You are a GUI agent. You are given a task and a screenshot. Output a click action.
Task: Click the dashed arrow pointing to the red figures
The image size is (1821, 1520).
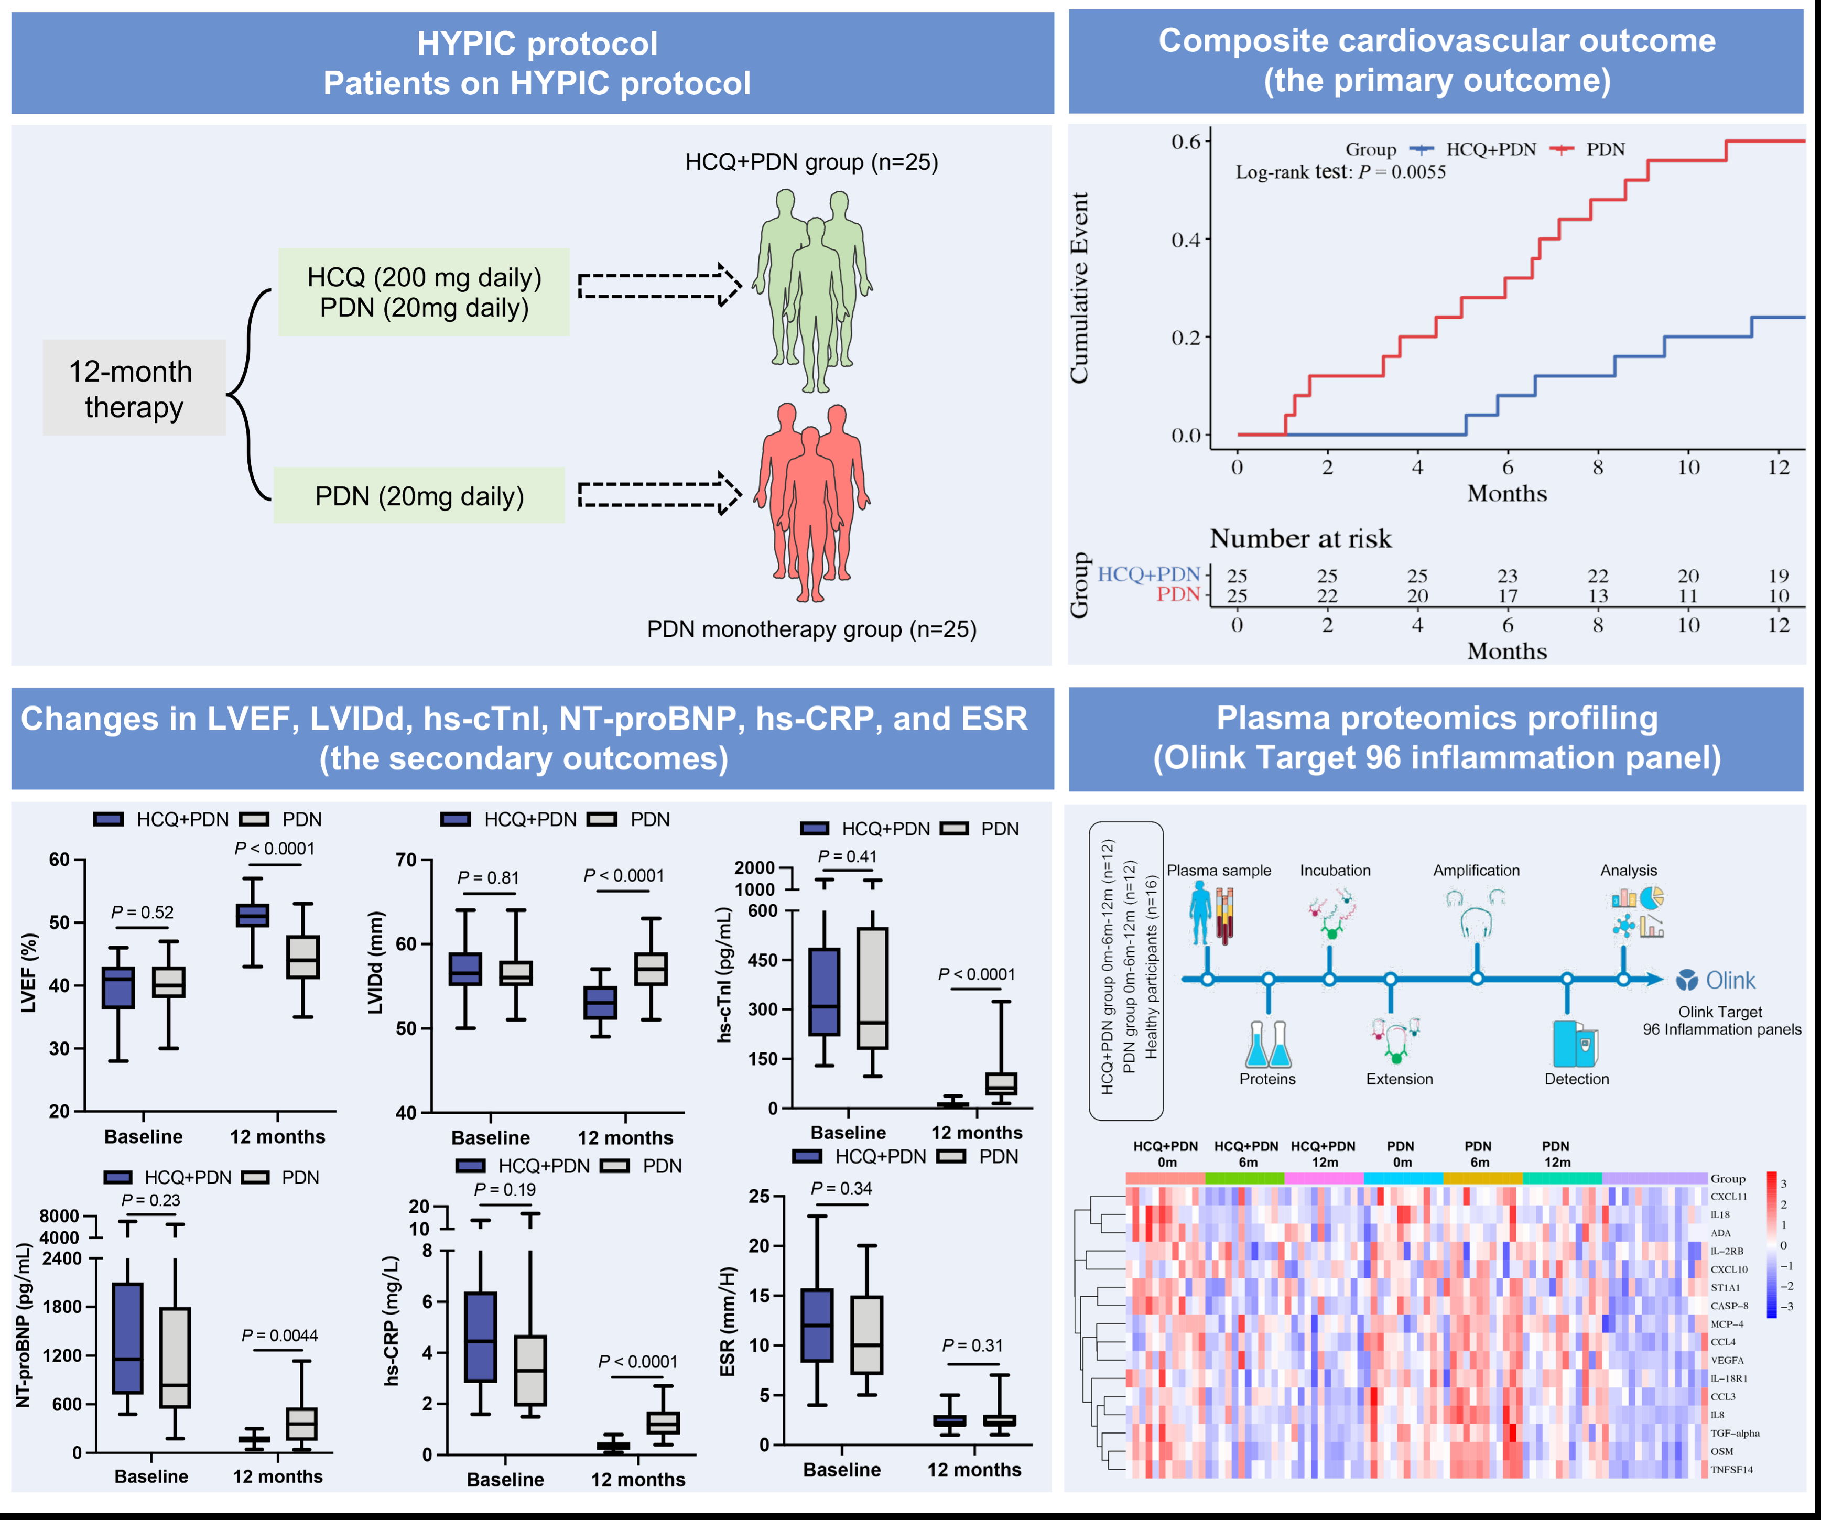pos(659,493)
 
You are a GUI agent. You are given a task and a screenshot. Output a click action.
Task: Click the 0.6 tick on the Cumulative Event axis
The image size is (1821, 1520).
pos(1185,142)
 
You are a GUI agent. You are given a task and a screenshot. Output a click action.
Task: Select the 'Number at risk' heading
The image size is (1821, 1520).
pos(1300,538)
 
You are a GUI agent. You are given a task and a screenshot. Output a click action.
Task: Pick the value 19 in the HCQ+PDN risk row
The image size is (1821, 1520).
pos(1779,576)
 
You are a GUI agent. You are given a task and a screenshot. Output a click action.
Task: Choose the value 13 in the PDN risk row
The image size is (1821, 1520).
pos(1597,596)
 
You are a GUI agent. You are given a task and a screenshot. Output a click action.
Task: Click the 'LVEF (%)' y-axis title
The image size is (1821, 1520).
pos(29,973)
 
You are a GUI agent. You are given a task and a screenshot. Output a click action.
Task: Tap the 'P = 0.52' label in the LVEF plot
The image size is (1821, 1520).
pos(142,912)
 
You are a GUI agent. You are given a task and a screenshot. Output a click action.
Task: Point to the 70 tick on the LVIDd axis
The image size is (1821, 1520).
pos(406,860)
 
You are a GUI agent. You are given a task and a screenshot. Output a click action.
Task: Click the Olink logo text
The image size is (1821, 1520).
pos(1730,981)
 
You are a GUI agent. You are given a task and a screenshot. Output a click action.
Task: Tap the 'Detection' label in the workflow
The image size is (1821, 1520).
pos(1576,1079)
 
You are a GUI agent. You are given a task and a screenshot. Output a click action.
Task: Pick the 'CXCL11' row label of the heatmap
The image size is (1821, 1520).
pos(1728,1197)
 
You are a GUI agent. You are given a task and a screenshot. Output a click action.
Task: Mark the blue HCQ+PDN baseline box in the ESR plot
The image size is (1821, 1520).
pos(817,1326)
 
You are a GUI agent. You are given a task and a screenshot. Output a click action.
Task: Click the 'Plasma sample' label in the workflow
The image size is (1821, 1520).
pos(1218,871)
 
